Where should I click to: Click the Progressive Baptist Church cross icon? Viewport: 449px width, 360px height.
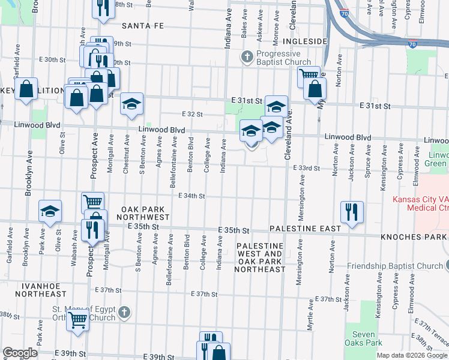246,57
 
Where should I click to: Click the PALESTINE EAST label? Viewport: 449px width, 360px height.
305,229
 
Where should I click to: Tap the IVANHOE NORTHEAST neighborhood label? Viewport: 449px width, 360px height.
41,289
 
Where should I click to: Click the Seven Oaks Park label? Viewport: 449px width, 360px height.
364,338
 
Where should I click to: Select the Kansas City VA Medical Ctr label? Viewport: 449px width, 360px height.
420,203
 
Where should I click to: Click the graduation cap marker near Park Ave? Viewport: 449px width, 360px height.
50,211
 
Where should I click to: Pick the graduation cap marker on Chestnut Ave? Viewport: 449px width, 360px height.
131,104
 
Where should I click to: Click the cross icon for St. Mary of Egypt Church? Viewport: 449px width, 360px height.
123,312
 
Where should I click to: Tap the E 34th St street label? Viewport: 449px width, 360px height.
193,196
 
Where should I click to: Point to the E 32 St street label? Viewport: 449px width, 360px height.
193,113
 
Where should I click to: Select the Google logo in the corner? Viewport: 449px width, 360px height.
20,353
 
